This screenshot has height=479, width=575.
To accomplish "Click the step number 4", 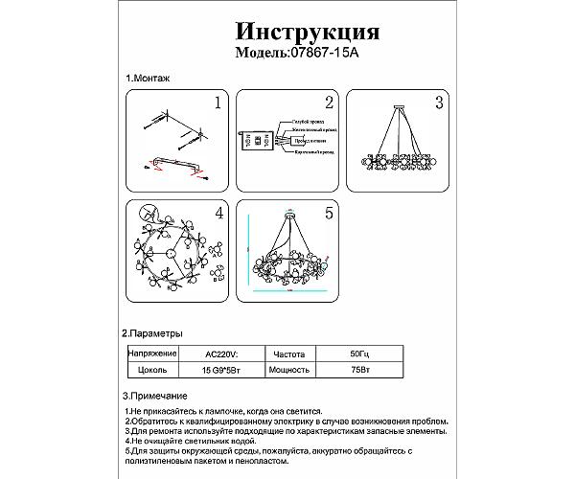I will pos(218,212).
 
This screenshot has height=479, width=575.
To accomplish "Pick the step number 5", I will pos(328,212).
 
